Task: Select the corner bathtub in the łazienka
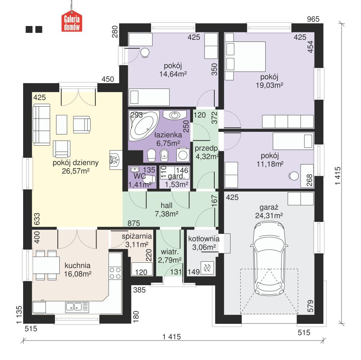click(144, 125)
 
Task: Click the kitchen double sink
click(74, 307)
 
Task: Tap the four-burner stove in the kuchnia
click(115, 273)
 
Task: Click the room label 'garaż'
click(268, 207)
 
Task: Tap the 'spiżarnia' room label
click(137, 236)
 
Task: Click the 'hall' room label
click(166, 205)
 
